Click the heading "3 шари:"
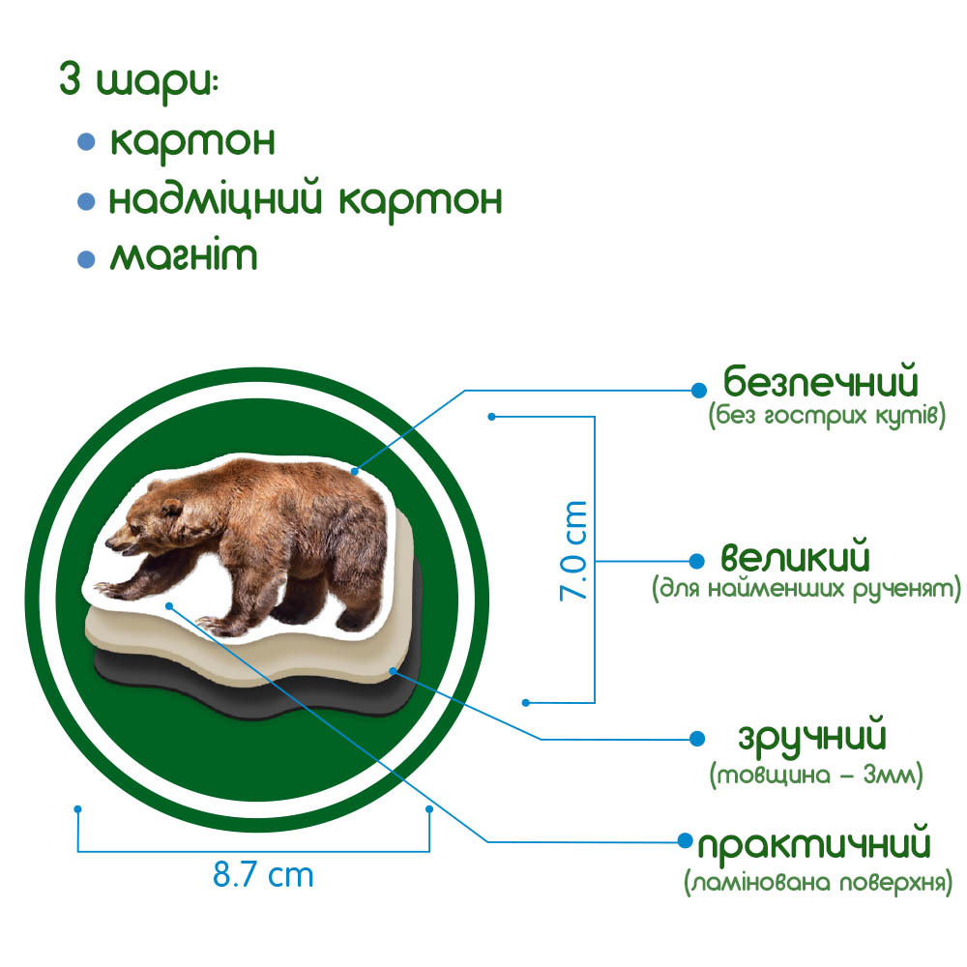click(139, 80)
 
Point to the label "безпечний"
click(820, 381)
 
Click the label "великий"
click(796, 559)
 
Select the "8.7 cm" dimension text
click(263, 876)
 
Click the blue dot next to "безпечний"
click(697, 390)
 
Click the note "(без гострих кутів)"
click(825, 417)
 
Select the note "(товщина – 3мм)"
click(816, 775)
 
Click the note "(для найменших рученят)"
click(806, 588)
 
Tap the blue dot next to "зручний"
click(697, 739)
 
